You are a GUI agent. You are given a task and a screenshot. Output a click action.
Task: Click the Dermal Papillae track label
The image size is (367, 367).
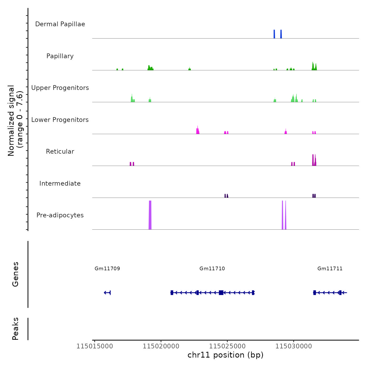coord(60,24)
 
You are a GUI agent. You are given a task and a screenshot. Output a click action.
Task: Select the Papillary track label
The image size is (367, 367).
coord(60,56)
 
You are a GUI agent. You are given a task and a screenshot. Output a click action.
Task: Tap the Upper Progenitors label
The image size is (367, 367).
coord(60,88)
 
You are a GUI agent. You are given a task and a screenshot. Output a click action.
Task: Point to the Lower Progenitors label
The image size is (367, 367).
coord(60,120)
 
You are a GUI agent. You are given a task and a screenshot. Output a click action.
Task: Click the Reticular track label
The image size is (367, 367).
coord(60,152)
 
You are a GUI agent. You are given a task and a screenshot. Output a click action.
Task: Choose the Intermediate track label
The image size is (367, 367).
coord(60,183)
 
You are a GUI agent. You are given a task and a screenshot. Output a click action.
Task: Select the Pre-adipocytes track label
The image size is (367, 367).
coord(60,215)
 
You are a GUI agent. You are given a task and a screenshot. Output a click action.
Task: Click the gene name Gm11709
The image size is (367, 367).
coord(107,268)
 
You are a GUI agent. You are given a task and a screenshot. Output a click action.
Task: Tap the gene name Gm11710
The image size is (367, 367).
coord(212,268)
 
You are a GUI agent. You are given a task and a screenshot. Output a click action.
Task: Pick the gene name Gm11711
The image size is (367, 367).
coord(330,268)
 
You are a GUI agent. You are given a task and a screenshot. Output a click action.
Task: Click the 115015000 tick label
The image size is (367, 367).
coord(95,346)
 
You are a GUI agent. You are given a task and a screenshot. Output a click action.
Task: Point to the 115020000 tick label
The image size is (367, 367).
coord(161,346)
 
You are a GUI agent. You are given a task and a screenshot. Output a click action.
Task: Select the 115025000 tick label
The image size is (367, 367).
coord(228,346)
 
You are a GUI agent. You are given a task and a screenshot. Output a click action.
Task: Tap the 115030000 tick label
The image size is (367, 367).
coord(294,346)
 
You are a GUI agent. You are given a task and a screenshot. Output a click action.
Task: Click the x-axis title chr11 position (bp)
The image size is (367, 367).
coord(225,355)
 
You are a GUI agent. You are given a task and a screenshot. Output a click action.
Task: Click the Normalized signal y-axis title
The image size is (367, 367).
coord(15,120)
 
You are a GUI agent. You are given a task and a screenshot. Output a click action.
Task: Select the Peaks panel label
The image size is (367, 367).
coord(15,329)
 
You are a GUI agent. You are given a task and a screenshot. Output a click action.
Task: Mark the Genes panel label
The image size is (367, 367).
coord(15,274)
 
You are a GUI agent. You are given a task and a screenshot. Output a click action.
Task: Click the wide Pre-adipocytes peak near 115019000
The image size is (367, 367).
coord(150,215)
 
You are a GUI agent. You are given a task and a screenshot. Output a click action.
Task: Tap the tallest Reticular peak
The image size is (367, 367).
coord(313,160)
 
